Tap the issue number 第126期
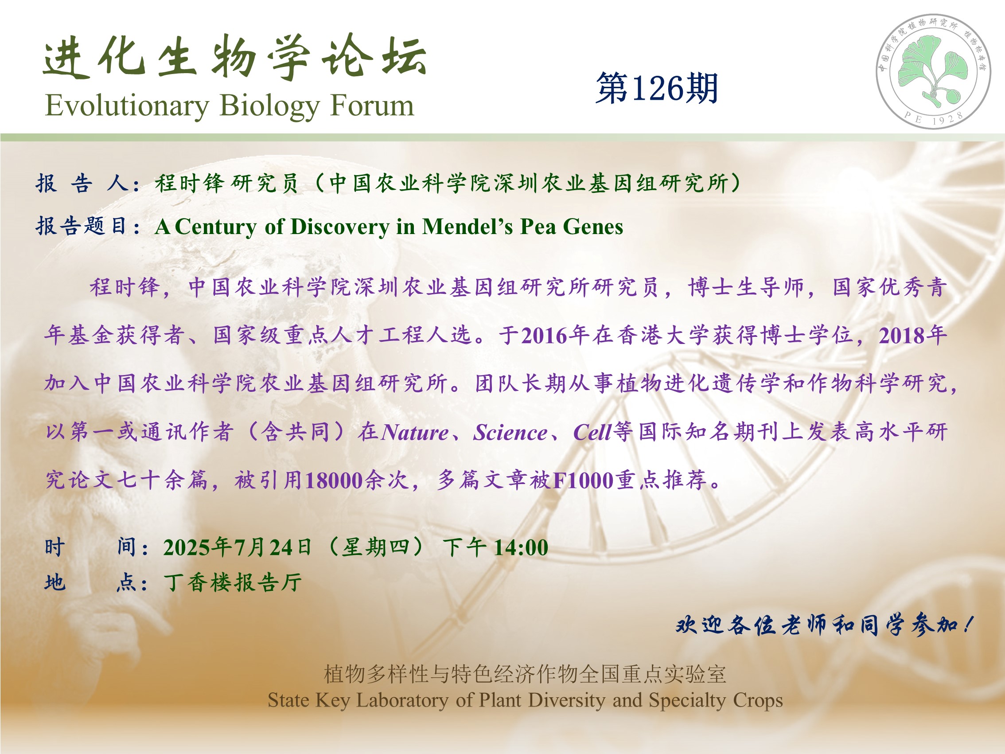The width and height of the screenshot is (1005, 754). tap(657, 88)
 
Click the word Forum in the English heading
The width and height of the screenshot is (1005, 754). tap(372, 105)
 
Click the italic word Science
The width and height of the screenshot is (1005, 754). tap(510, 432)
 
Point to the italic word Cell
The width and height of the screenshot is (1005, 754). tap(592, 432)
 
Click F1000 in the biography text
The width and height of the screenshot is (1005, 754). tap(584, 481)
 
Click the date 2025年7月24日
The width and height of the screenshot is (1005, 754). tap(238, 547)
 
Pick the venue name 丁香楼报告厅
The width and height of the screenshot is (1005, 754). tap(233, 582)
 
